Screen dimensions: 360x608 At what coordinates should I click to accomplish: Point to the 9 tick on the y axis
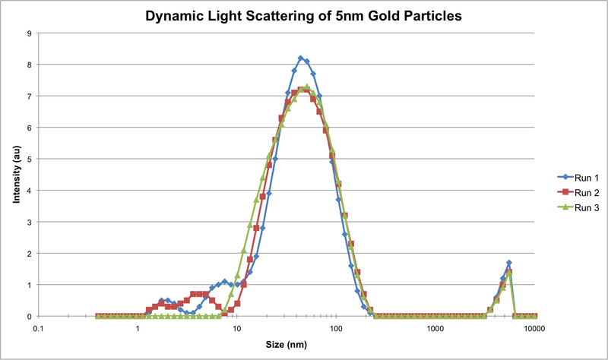click(28, 33)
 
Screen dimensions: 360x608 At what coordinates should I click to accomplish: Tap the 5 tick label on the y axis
click(28, 159)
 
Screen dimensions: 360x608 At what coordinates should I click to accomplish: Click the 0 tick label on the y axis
click(28, 316)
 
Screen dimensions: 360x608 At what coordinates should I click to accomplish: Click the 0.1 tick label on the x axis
click(38, 328)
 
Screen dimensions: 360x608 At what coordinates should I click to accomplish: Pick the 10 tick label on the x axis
click(237, 328)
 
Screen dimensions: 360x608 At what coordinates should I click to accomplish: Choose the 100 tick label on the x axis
click(337, 328)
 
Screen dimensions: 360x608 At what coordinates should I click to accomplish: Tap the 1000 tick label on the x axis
click(436, 328)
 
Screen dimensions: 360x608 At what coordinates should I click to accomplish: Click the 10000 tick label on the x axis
click(535, 328)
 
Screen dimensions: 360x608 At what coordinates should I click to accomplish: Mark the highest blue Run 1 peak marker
click(301, 58)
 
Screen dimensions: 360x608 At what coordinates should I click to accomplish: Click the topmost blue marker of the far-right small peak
click(509, 263)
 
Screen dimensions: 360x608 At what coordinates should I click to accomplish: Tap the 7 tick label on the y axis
click(28, 96)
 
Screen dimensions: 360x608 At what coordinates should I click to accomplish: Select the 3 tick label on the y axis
click(28, 222)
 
